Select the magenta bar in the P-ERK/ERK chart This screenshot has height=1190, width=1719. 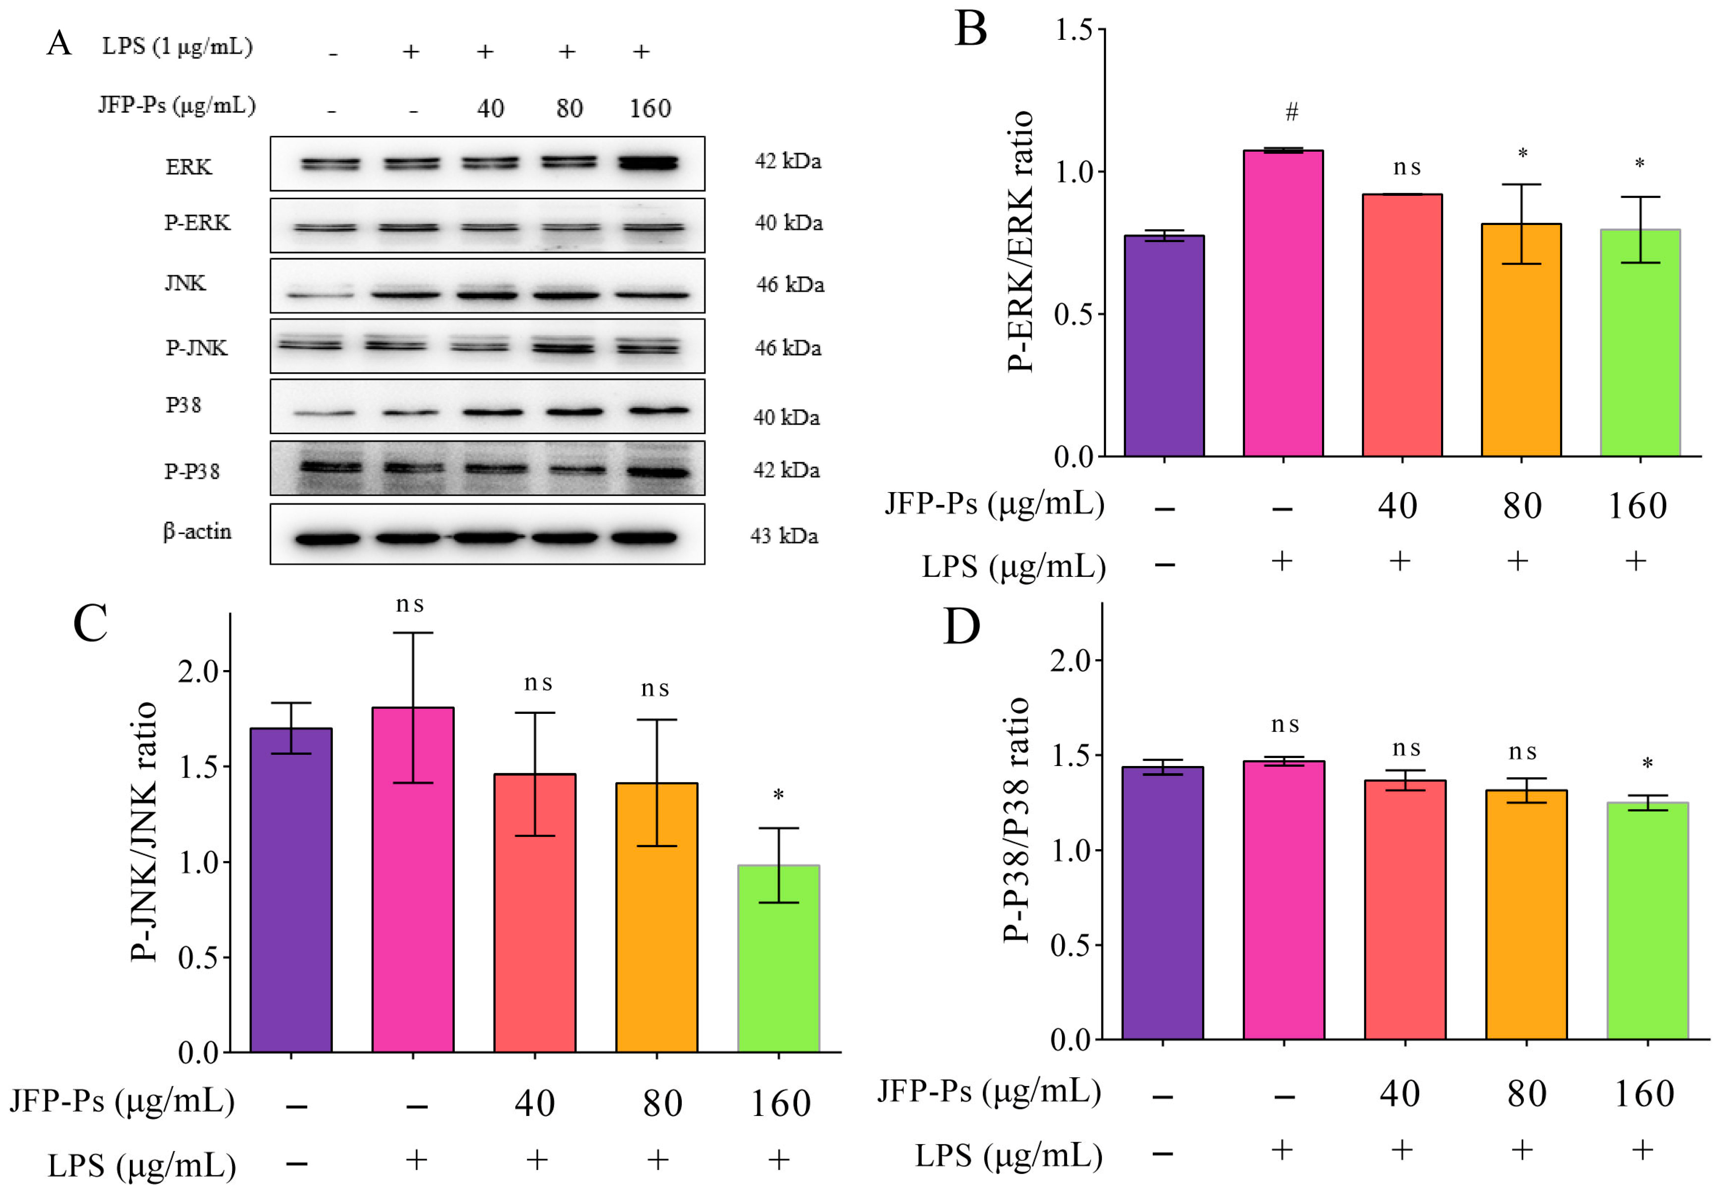click(x=1283, y=302)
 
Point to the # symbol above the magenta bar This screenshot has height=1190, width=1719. click(x=1292, y=112)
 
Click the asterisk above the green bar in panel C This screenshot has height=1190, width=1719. click(x=778, y=795)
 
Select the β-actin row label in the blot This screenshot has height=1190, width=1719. click(x=197, y=531)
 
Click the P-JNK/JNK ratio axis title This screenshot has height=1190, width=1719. click(x=143, y=831)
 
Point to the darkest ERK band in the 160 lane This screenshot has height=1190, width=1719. click(x=648, y=162)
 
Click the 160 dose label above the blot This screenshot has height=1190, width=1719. click(x=649, y=109)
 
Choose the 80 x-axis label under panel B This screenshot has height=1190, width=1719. click(x=1521, y=506)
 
